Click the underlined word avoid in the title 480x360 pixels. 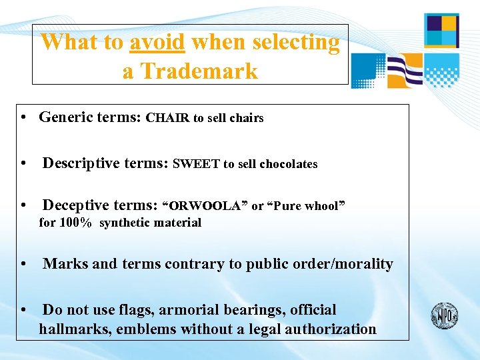157,43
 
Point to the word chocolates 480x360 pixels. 288,164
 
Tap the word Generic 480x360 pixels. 64,117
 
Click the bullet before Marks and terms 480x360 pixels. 23,265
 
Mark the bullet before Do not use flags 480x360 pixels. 23,311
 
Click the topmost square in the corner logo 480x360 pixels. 441,30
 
